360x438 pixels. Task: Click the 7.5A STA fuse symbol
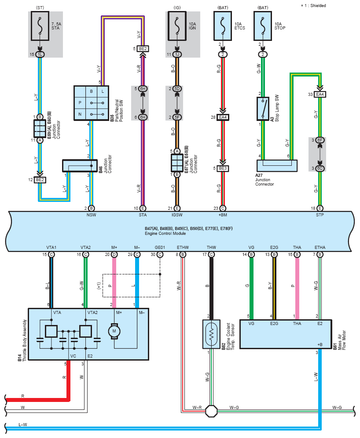(x=40, y=26)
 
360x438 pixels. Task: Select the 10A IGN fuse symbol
(x=177, y=26)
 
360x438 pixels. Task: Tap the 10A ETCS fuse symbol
(x=223, y=26)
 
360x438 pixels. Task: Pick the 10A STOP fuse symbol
(x=263, y=26)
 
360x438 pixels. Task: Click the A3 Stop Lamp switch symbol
(x=263, y=109)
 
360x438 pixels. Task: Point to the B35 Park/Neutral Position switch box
(x=91, y=103)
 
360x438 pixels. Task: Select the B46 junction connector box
(x=80, y=166)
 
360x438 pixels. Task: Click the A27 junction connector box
(x=277, y=166)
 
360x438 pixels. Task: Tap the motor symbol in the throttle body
(x=114, y=331)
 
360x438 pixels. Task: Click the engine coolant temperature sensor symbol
(x=211, y=334)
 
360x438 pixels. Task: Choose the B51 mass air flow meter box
(x=286, y=334)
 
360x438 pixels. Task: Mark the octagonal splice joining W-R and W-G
(x=211, y=411)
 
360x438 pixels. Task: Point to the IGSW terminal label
(x=177, y=215)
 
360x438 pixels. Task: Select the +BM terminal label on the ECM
(x=223, y=215)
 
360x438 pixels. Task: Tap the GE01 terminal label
(x=160, y=248)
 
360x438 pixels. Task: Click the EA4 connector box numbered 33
(x=320, y=95)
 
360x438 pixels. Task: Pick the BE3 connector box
(x=223, y=168)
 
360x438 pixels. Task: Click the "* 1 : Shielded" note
(x=313, y=6)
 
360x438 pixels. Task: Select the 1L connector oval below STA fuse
(x=40, y=55)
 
